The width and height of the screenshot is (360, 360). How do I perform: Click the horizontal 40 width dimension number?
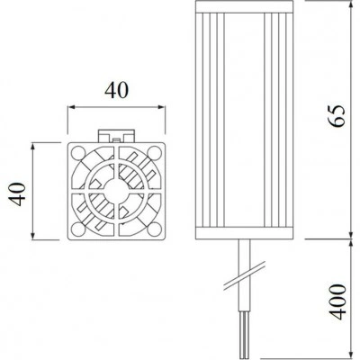click(116, 90)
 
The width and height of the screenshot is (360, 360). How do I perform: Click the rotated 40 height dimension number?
click(17, 194)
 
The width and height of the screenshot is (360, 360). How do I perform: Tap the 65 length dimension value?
click(337, 116)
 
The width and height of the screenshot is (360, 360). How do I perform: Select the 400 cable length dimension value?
click(337, 301)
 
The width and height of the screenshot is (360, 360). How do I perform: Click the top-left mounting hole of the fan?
click(78, 153)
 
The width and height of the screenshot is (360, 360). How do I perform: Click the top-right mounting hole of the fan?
click(155, 153)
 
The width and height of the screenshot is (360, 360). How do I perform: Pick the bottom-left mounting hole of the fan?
click(78, 229)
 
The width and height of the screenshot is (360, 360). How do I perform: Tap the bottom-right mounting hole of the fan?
click(155, 229)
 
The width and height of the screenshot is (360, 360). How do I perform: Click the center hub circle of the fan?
click(116, 191)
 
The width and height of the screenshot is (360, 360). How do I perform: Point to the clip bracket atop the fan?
click(116, 136)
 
